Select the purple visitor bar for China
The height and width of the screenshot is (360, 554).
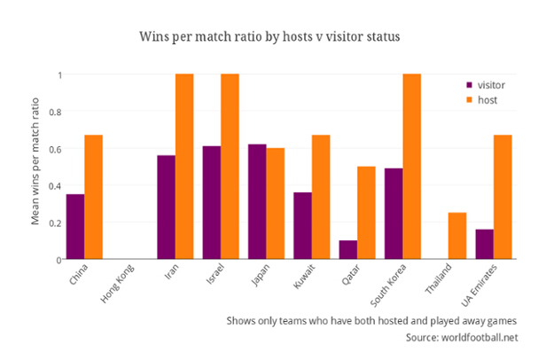point(75,226)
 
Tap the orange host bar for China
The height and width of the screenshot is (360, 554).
point(93,197)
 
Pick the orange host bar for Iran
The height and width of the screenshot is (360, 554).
point(184,167)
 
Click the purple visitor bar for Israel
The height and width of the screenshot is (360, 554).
point(212,202)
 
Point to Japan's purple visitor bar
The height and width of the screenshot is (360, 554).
point(257,201)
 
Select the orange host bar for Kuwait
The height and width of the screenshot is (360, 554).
point(321,197)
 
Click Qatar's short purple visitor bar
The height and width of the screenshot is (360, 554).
point(348,249)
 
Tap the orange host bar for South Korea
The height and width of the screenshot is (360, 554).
point(412,167)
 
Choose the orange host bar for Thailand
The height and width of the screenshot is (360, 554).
point(457,236)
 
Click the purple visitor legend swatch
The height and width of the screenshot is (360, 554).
point(470,85)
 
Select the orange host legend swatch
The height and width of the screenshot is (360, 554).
point(470,100)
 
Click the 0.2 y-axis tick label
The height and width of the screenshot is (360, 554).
point(54,223)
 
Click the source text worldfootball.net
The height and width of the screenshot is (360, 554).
point(461,338)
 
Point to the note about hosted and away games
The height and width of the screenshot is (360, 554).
point(371,320)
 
